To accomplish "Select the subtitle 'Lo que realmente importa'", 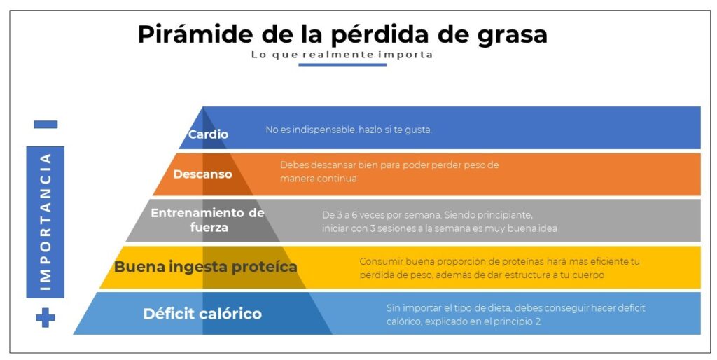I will (342, 55).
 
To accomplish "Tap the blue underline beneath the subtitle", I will (342, 64).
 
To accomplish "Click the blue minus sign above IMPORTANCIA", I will (46, 125).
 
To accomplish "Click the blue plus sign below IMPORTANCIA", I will (46, 318).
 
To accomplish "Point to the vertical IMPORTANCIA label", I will (46, 221).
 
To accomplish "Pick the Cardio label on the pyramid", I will (208, 134).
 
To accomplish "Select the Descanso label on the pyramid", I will (202, 174).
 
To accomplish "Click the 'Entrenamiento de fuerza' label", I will (208, 220).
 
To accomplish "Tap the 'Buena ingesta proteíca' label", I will (205, 267).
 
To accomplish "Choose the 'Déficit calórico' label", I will (202, 314).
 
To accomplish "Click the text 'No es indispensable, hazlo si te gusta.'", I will (349, 130).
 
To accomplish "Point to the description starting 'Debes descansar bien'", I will (389, 172).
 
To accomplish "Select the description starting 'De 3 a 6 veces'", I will (439, 221).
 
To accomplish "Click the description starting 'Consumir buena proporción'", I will (499, 268).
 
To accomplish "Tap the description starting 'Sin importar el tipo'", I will (515, 314).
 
